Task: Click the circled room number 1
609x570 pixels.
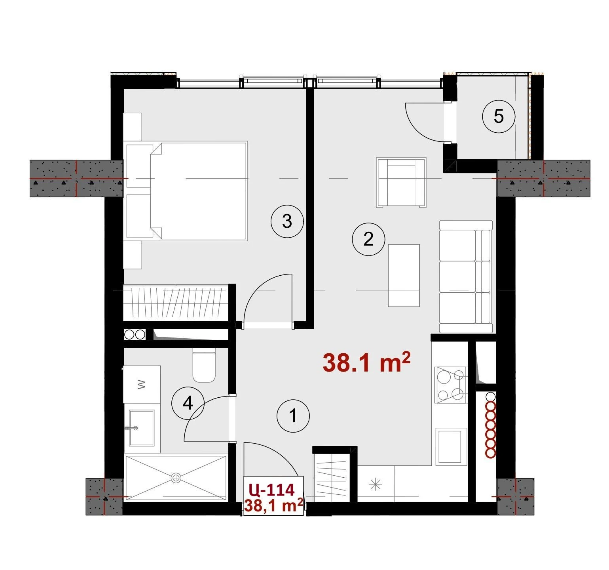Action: pos(293,416)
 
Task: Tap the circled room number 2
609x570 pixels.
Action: pos(368,239)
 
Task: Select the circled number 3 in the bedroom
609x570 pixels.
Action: pos(287,221)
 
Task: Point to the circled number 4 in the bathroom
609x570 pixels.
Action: pos(188,404)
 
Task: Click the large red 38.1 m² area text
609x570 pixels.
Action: pos(366,363)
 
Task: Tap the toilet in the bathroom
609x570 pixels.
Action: pos(204,365)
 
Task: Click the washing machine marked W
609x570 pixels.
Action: pos(142,384)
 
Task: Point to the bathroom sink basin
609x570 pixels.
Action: pos(141,428)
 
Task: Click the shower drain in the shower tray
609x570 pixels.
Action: pos(176,478)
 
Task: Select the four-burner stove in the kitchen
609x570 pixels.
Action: pos(451,385)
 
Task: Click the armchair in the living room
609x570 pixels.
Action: pos(401,182)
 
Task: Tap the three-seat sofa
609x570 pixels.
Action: pos(466,276)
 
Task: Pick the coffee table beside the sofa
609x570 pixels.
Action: pos(404,275)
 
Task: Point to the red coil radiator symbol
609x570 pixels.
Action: pos(491,425)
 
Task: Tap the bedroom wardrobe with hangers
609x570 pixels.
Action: pos(176,303)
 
